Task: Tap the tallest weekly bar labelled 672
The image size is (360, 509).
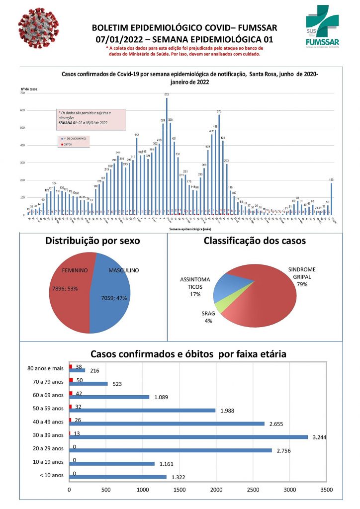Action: (x=167, y=157)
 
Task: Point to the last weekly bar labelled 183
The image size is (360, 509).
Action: (x=331, y=199)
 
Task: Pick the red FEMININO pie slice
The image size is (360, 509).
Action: (x=72, y=293)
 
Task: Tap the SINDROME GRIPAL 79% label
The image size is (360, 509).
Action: (x=302, y=277)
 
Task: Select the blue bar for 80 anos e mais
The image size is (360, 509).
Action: (x=78, y=370)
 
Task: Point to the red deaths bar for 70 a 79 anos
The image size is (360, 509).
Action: (x=71, y=380)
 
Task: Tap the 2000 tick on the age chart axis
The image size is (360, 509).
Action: (x=216, y=490)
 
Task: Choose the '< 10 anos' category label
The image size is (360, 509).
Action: (x=52, y=475)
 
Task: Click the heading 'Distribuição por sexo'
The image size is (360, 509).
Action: (x=92, y=241)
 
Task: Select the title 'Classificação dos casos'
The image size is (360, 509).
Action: (x=255, y=241)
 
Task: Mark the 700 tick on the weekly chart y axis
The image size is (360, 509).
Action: (x=22, y=93)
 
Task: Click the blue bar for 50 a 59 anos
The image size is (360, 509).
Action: (x=142, y=410)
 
